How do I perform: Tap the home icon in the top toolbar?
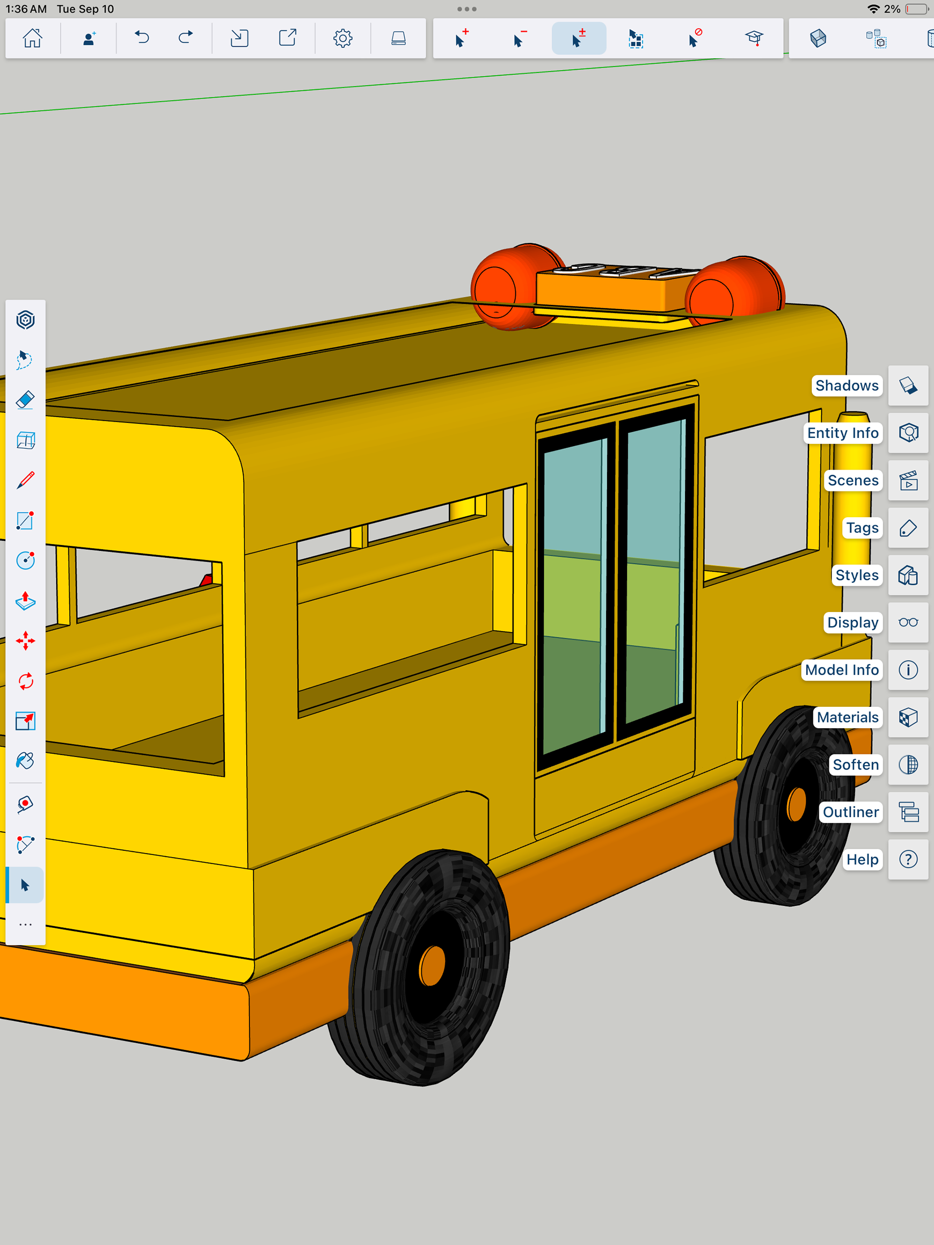coord(32,38)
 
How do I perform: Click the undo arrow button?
coord(142,38)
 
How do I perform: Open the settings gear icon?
coord(342,38)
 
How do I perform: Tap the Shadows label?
coord(847,386)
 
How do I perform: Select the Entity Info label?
coord(843,433)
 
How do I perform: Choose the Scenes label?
coord(853,480)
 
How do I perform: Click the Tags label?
coord(862,528)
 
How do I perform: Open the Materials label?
coord(847,717)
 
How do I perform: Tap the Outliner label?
coord(851,812)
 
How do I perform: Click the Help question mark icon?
coord(908,859)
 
